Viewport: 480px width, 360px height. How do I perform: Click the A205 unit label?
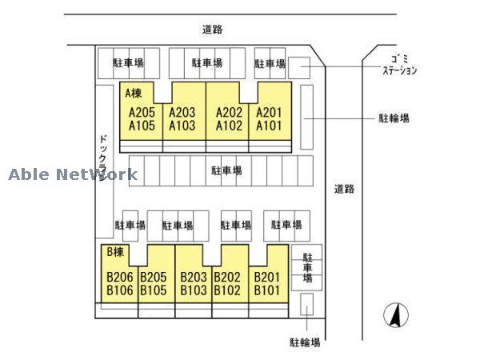tap(142, 113)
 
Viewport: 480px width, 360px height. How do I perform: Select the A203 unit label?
tap(182, 113)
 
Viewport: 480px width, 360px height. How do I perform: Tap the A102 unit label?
tap(229, 126)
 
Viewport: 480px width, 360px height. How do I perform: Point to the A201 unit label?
tap(270, 113)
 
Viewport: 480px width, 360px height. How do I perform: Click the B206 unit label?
tap(119, 278)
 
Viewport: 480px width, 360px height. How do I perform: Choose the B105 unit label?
tap(153, 290)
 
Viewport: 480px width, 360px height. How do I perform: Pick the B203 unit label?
tap(194, 278)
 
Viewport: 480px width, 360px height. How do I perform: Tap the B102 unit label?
tap(227, 290)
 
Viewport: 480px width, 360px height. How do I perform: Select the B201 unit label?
tap(267, 278)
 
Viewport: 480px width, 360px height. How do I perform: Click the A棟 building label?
tap(134, 93)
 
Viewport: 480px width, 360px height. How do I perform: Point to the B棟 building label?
tap(116, 252)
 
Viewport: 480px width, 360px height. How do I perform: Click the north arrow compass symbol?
tap(394, 317)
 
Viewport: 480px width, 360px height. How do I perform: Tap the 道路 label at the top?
tap(212, 30)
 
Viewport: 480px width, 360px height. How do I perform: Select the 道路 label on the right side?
tap(344, 190)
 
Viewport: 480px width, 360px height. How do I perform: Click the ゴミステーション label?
tap(399, 64)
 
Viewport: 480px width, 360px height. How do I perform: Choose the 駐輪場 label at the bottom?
tap(305, 342)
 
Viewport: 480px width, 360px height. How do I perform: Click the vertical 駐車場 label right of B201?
tap(306, 267)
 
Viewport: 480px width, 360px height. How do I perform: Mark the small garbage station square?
tap(298, 67)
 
